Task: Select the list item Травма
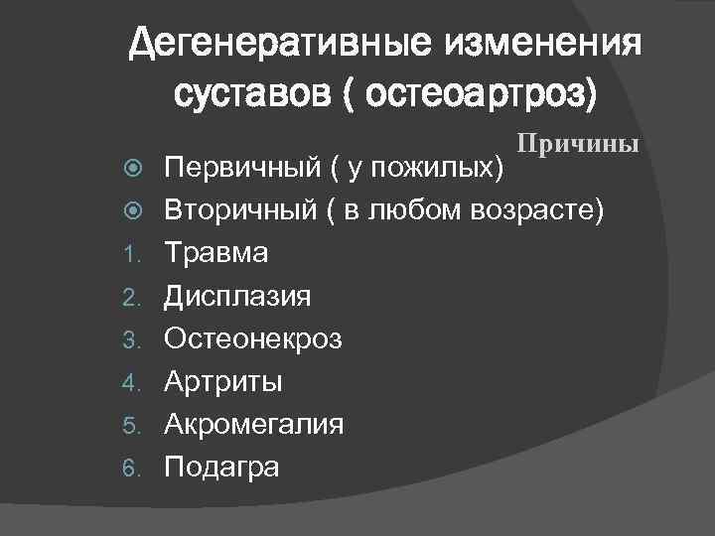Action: coord(215,253)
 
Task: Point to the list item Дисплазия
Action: coord(237,296)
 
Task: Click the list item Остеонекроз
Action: coord(253,338)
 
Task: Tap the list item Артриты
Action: coord(223,381)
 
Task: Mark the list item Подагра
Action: coord(221,467)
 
